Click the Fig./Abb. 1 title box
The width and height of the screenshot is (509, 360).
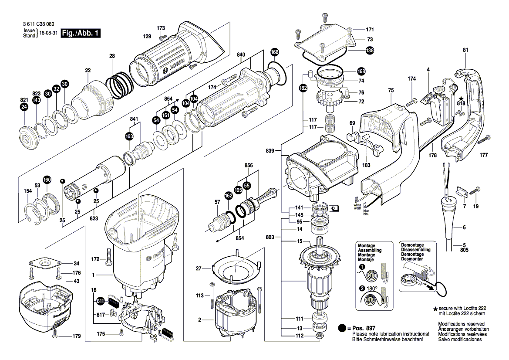81,33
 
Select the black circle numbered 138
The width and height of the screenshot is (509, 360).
370,51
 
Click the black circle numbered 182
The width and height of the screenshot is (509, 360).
303,88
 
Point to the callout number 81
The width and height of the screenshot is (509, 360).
465,50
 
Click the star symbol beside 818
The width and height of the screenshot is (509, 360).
461,98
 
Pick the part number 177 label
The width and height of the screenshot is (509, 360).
483,155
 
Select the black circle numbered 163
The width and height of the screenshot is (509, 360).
129,136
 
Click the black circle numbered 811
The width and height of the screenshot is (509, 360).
101,301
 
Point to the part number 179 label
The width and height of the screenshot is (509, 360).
77,336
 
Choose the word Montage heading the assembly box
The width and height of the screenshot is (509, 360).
366,246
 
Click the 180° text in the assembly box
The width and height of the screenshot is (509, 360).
371,288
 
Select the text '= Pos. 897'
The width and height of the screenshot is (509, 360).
363,328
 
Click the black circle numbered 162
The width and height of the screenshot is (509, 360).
228,197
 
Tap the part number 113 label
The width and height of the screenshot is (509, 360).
199,295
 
